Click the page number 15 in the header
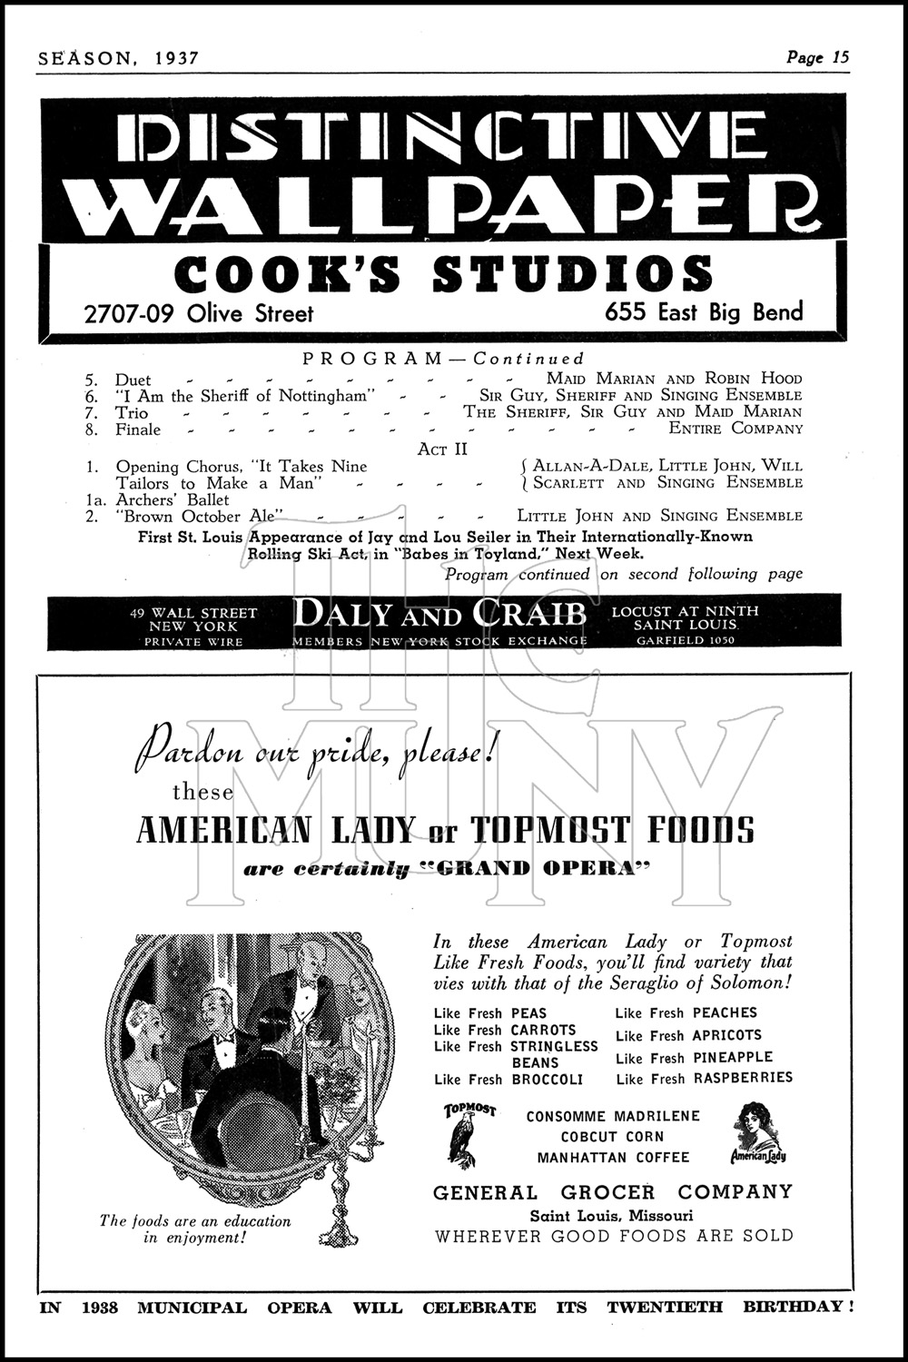click(839, 57)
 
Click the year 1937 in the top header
click(176, 58)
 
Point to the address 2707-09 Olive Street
click(198, 314)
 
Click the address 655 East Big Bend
click(705, 312)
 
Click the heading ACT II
click(443, 449)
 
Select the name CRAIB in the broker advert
click(529, 616)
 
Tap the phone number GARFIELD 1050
click(686, 640)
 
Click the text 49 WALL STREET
click(193, 613)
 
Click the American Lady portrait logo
click(758, 1131)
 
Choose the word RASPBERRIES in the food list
click(743, 1078)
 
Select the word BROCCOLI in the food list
click(547, 1080)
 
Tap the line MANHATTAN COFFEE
click(613, 1158)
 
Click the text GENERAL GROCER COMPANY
click(613, 1192)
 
